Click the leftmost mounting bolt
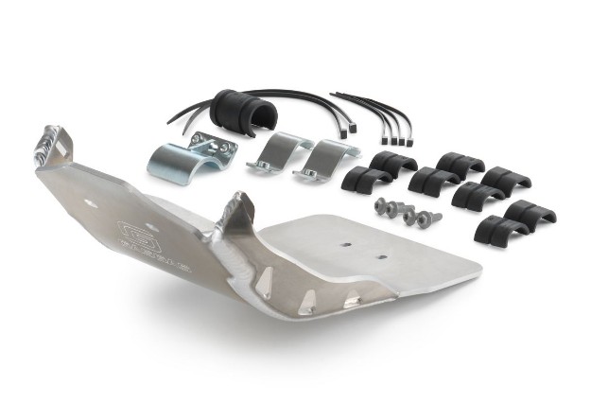(383, 205)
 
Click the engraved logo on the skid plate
(135, 230)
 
